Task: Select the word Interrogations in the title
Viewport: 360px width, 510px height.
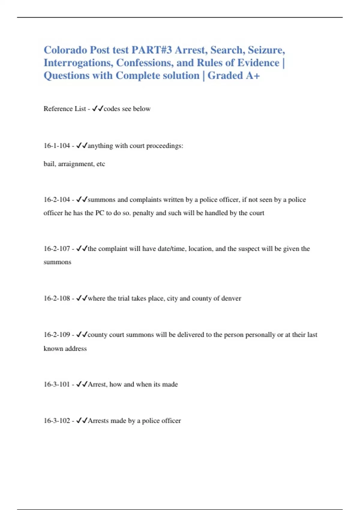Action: coord(78,63)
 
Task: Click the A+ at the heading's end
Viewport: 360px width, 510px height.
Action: coord(253,76)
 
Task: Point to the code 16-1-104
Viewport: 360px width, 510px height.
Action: coord(57,146)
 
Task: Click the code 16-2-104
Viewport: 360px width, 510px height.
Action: coord(57,200)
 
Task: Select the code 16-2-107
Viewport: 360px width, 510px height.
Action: coord(57,249)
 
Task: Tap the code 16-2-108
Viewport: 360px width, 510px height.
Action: coord(57,298)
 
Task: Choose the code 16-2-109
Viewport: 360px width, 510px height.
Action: coord(57,335)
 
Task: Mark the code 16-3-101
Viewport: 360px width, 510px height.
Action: coord(57,385)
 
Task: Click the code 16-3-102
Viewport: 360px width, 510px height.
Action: coord(57,421)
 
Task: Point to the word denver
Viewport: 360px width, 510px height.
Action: coord(231,298)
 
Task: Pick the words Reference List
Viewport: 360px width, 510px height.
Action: coord(65,109)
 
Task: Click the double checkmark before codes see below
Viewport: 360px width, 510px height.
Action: coord(97,109)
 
